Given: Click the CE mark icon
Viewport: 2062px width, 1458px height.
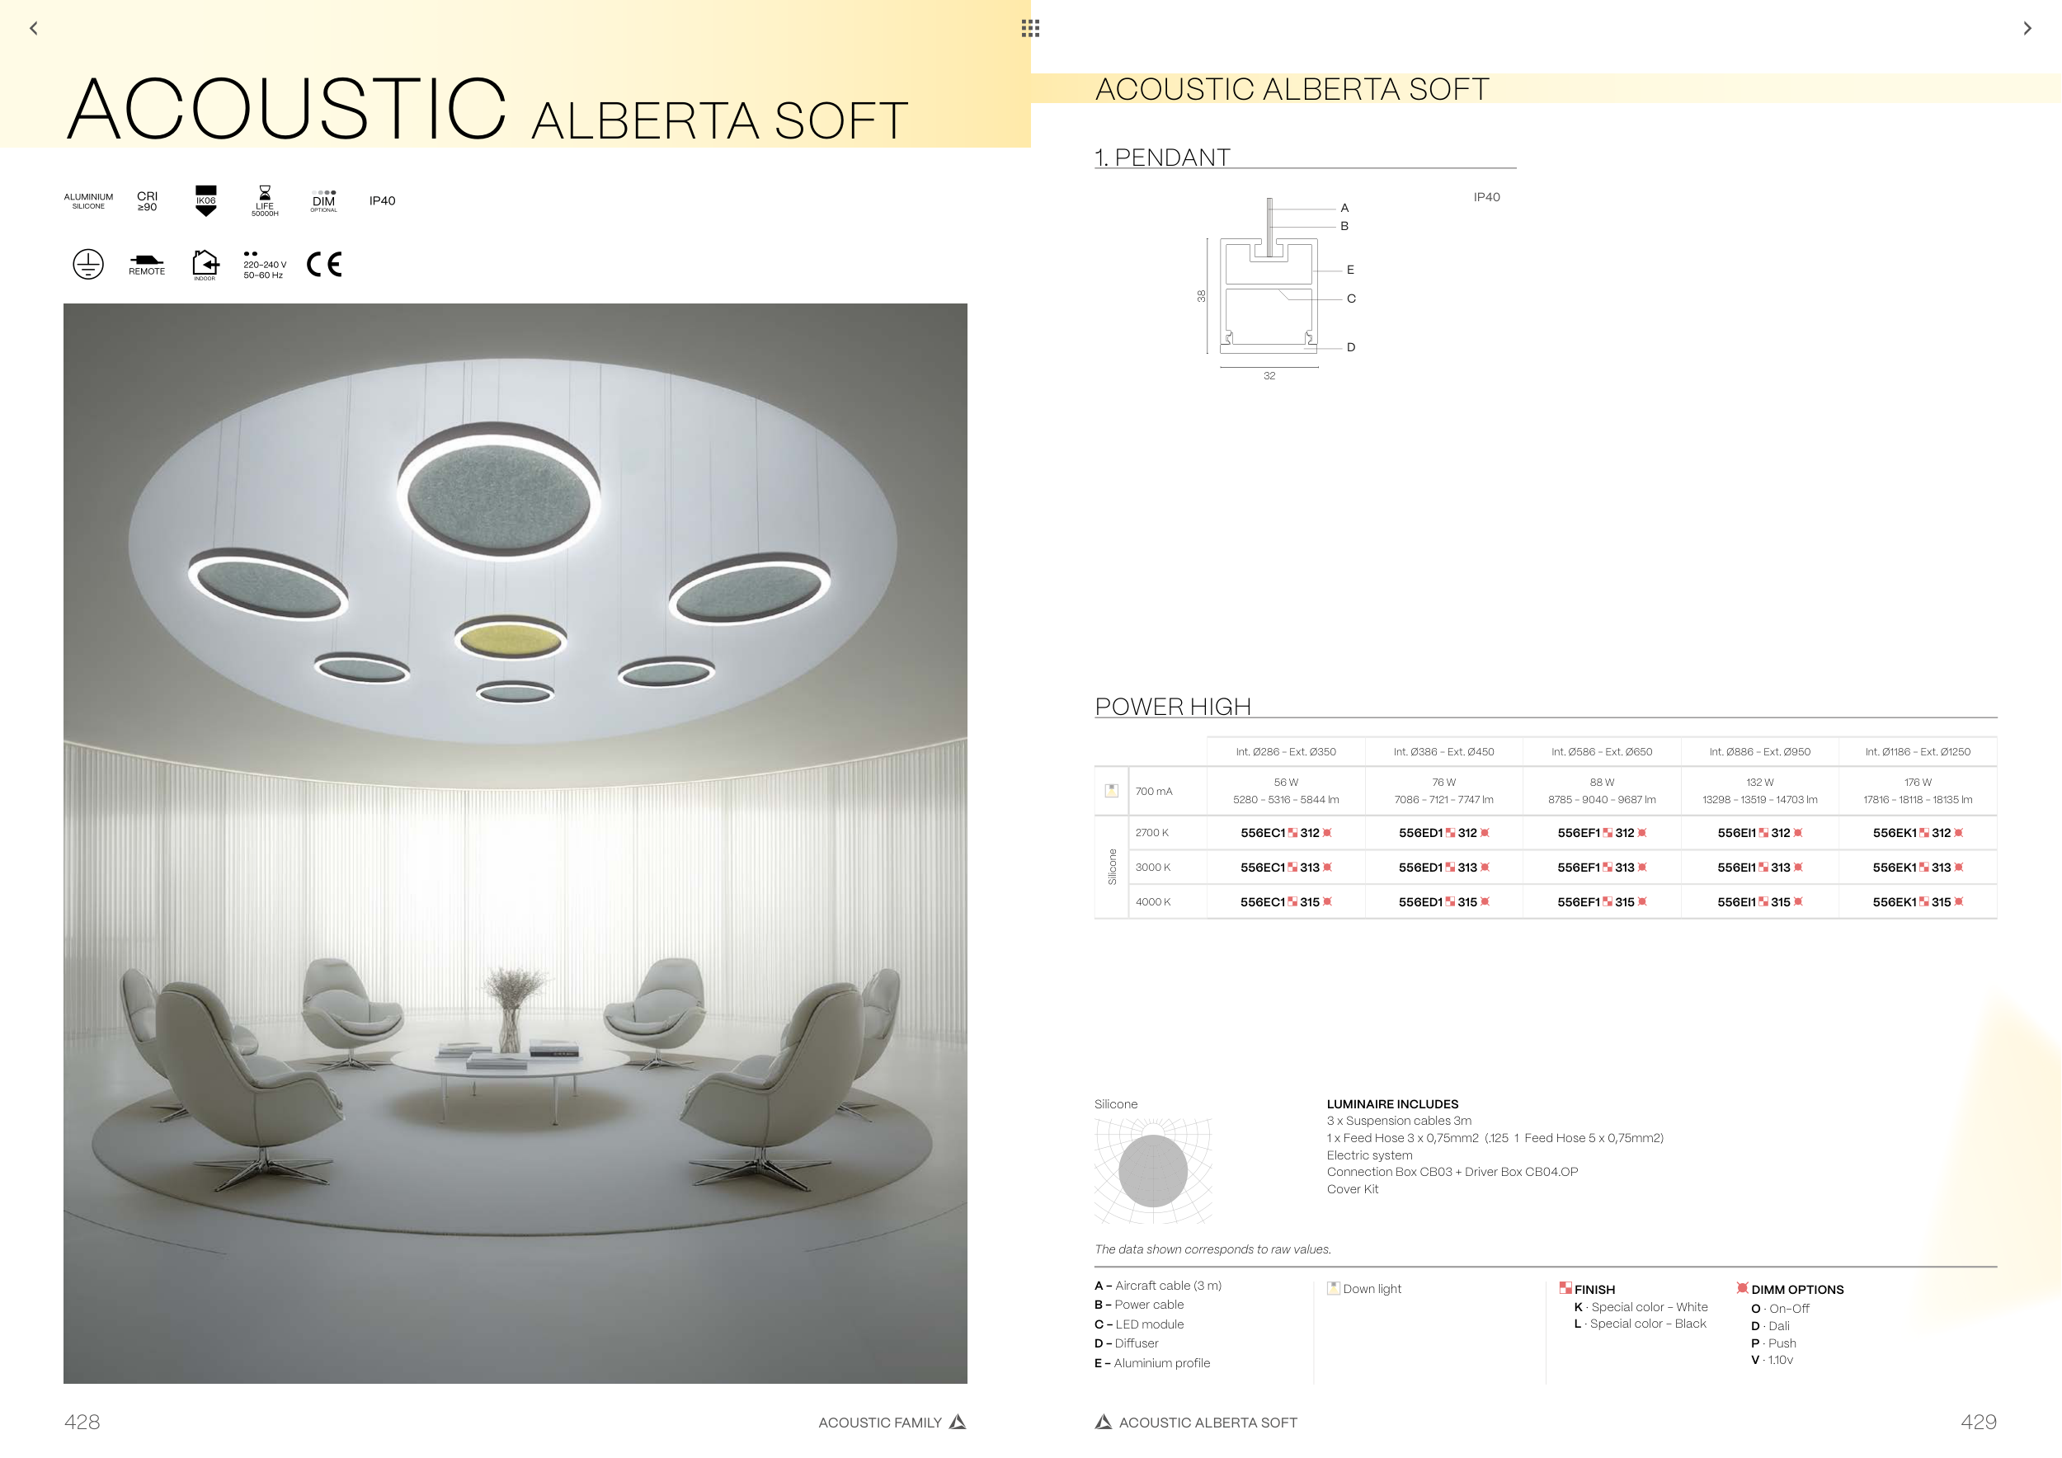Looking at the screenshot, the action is (x=324, y=264).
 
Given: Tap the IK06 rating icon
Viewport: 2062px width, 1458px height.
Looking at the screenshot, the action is (x=205, y=201).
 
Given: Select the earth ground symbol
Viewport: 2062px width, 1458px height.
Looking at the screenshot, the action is (x=88, y=264).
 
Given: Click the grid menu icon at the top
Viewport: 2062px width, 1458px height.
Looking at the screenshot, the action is (x=1030, y=29).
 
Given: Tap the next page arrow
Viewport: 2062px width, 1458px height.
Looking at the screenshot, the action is (x=2027, y=29).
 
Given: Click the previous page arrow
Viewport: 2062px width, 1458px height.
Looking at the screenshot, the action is (x=34, y=29).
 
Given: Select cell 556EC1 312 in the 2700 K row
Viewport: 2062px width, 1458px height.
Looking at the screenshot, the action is (x=1286, y=833).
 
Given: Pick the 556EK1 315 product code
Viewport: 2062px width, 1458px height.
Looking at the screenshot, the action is (x=1918, y=902).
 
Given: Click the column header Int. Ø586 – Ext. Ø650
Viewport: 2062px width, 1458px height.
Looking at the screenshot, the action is (x=1601, y=752).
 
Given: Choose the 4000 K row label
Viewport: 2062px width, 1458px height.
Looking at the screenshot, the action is (x=1152, y=902).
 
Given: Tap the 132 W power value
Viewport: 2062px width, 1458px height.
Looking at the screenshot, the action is (x=1759, y=783).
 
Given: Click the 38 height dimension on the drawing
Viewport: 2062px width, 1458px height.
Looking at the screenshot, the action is (x=1201, y=296).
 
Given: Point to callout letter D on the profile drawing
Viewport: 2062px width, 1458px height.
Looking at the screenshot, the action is (x=1351, y=347).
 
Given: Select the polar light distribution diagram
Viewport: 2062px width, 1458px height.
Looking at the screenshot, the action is (x=1153, y=1171).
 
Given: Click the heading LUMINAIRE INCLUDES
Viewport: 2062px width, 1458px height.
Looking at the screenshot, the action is (x=1392, y=1104).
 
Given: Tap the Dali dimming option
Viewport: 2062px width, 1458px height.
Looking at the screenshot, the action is (x=1770, y=1326).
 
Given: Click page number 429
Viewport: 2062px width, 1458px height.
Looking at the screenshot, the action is (x=1979, y=1422).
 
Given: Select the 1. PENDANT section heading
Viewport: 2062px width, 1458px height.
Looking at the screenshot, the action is (x=1162, y=158).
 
